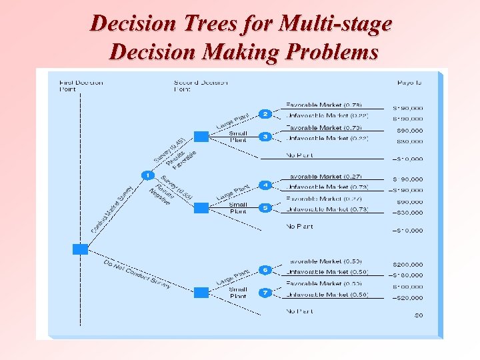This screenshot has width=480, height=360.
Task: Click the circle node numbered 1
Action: [147, 175]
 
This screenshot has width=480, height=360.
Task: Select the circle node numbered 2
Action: [265, 114]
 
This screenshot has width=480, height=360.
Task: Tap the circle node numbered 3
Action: [265, 137]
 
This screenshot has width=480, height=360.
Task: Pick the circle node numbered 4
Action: [265, 185]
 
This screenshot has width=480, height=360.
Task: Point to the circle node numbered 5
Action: [265, 208]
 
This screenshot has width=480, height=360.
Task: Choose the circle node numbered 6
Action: [265, 270]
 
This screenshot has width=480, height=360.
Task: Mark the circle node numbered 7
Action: [265, 293]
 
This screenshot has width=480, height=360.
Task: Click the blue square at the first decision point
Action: [80, 249]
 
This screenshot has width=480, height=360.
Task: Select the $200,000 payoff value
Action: [407, 265]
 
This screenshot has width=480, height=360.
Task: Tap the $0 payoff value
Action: [419, 315]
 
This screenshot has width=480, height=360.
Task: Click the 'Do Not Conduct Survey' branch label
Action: [137, 274]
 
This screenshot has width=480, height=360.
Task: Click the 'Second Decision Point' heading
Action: [200, 86]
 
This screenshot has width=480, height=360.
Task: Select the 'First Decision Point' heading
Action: [81, 86]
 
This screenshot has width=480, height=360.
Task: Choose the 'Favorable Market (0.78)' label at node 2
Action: [323, 105]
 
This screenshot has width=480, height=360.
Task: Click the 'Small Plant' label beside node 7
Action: [238, 293]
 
